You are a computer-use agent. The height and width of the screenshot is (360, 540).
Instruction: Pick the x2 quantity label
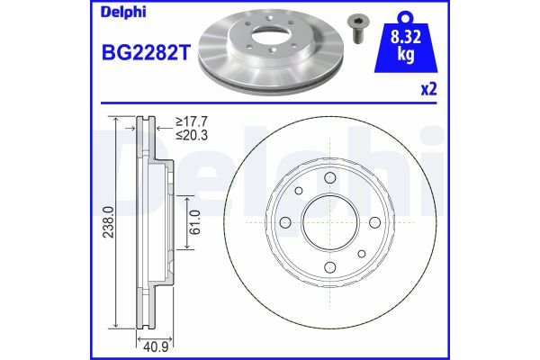pyautogui.click(x=430, y=91)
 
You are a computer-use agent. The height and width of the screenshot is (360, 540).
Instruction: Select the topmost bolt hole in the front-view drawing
pyautogui.click(x=328, y=178)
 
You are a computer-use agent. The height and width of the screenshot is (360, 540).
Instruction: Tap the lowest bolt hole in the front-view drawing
pyautogui.click(x=328, y=266)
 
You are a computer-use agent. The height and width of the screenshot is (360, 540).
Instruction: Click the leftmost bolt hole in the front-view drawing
pyautogui.click(x=284, y=222)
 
